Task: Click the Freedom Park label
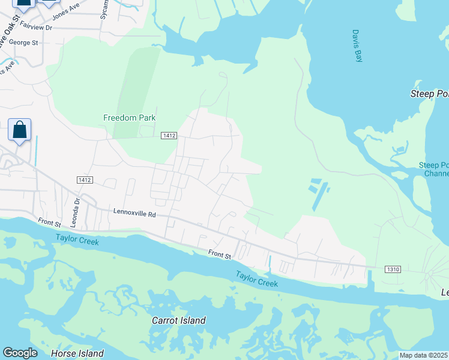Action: tap(129, 118)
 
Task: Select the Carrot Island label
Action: tap(179, 320)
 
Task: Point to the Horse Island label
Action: tap(77, 353)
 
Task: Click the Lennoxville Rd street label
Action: tap(134, 214)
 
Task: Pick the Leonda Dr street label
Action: tap(77, 209)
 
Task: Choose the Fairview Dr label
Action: tap(36, 27)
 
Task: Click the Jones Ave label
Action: tap(66, 10)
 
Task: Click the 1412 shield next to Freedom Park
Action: tap(169, 136)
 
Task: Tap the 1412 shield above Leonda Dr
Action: tap(84, 180)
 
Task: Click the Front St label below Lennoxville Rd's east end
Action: tap(220, 255)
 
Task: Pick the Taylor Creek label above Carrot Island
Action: tap(256, 279)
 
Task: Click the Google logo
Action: tap(20, 353)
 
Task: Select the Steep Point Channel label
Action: tap(433, 169)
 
